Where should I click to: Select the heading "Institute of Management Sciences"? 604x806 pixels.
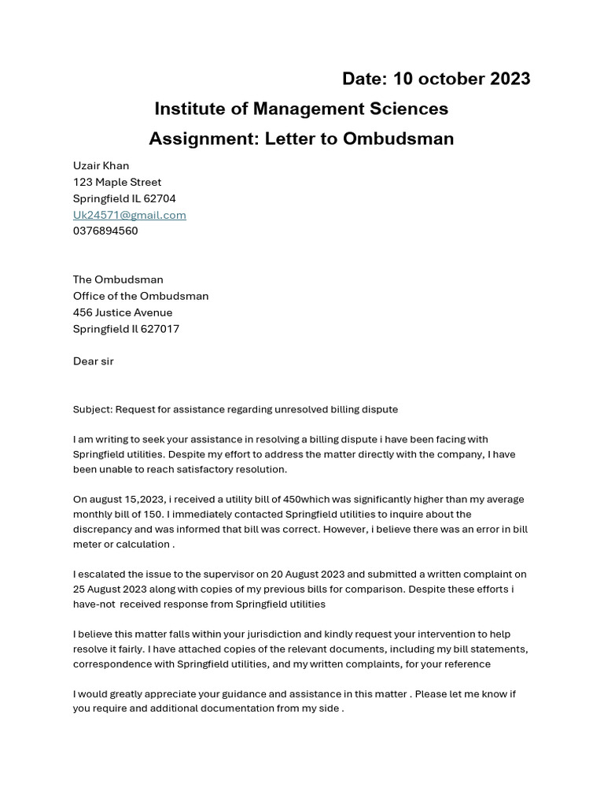click(301, 109)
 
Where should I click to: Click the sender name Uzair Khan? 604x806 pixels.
click(101, 165)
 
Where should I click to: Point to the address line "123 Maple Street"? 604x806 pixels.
click(117, 182)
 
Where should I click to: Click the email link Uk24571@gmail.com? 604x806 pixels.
click(130, 215)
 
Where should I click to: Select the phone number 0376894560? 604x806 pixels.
click(105, 231)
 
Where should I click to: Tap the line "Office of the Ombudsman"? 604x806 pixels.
click(141, 296)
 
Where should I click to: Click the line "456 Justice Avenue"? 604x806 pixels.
click(123, 312)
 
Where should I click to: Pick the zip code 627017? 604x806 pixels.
click(160, 329)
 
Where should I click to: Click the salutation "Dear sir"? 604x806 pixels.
click(94, 361)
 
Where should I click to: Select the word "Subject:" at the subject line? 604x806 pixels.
click(92, 409)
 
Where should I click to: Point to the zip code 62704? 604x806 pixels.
click(160, 198)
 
